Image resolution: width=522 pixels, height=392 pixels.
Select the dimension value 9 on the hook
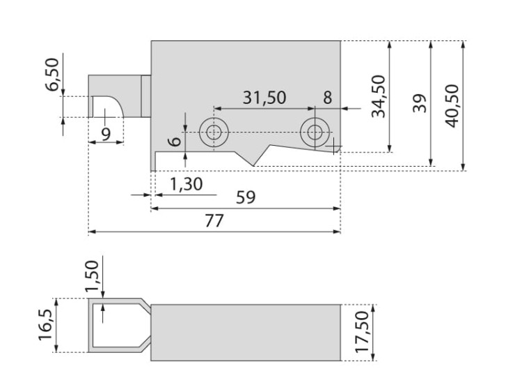106,133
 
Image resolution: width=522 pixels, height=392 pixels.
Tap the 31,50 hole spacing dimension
264,98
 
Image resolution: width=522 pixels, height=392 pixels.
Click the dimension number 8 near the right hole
328,98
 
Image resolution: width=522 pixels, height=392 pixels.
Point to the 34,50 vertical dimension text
378,96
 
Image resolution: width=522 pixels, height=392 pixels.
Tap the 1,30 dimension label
187,184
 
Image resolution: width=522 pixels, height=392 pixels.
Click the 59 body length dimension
246,197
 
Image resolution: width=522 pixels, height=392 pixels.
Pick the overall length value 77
214,220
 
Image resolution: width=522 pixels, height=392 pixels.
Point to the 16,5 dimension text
45,326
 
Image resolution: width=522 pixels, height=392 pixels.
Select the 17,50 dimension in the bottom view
362,332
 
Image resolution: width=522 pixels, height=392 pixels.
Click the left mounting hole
213,132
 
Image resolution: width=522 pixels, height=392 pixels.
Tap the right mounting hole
315,132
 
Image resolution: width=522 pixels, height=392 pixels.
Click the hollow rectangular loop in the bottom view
116,325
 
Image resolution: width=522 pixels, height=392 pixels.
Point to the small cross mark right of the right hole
335,145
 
